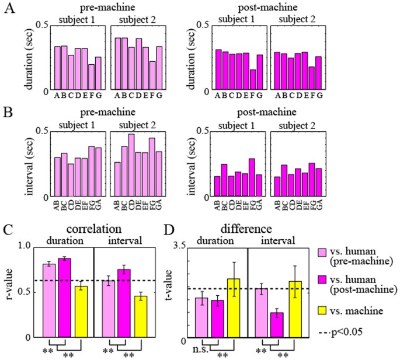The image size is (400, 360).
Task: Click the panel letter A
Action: [9, 10]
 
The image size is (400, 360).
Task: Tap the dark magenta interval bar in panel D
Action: [276, 324]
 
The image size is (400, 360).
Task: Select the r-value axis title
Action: [10, 292]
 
